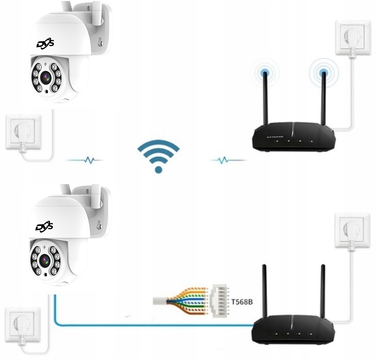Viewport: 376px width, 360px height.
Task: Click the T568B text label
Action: click(x=241, y=301)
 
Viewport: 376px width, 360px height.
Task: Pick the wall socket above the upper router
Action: click(x=353, y=38)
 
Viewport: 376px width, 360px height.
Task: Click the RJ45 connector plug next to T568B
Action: click(x=218, y=300)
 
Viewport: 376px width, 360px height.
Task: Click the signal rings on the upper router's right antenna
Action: click(x=324, y=73)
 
